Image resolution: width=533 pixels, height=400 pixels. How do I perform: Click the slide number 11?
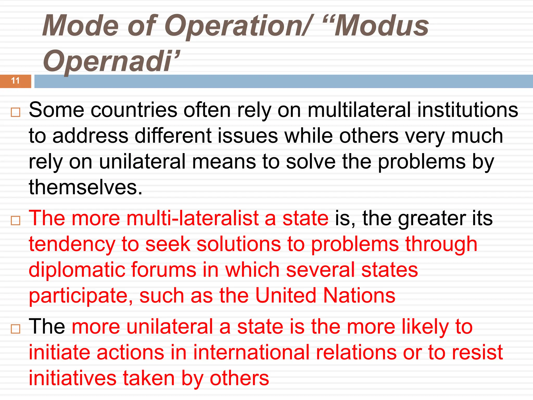(15, 81)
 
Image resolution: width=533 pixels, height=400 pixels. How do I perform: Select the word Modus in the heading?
(382, 26)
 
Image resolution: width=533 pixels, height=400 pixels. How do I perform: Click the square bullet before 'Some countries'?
(16, 113)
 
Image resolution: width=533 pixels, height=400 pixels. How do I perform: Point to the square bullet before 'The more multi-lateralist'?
(16, 221)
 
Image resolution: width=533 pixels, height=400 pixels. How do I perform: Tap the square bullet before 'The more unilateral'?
(16, 329)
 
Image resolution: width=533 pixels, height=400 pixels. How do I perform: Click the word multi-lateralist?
(192, 218)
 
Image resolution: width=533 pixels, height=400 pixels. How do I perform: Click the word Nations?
(359, 296)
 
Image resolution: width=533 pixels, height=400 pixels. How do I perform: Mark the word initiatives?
(73, 378)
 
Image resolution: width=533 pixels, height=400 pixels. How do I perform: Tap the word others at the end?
(239, 378)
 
